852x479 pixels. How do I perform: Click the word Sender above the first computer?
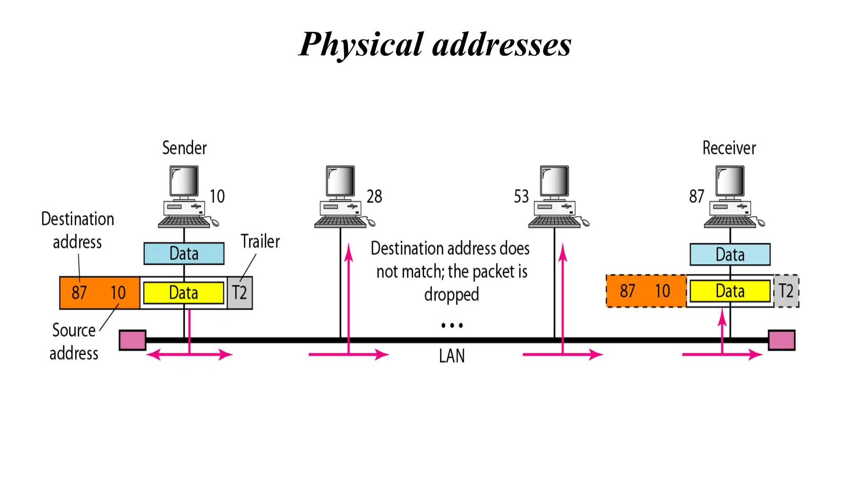pyautogui.click(x=184, y=148)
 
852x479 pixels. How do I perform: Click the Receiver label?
pyautogui.click(x=729, y=148)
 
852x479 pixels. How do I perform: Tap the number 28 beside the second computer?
pyautogui.click(x=374, y=196)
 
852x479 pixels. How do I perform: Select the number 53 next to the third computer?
pyautogui.click(x=521, y=196)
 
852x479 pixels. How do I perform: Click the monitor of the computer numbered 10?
pyautogui.click(x=184, y=181)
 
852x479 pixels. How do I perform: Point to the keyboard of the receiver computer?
pyautogui.click(x=730, y=222)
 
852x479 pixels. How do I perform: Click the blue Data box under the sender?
pyautogui.click(x=184, y=254)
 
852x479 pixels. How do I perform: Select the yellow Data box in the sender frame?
pyautogui.click(x=183, y=293)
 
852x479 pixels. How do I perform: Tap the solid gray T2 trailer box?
pyautogui.click(x=240, y=293)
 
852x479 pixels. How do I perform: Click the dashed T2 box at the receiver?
pyautogui.click(x=786, y=291)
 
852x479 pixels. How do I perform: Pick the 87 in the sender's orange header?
pyautogui.click(x=79, y=293)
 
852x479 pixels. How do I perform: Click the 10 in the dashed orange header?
pyautogui.click(x=663, y=291)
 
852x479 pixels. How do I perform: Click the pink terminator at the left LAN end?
pyautogui.click(x=132, y=340)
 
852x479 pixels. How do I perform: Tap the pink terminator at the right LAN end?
pyautogui.click(x=781, y=340)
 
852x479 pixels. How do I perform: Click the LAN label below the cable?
pyautogui.click(x=452, y=356)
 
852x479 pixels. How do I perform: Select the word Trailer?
pyautogui.click(x=260, y=242)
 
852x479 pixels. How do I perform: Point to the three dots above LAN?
pyautogui.click(x=452, y=325)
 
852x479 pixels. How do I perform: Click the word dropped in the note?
pyautogui.click(x=452, y=294)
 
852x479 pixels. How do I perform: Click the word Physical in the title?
pyautogui.click(x=361, y=45)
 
